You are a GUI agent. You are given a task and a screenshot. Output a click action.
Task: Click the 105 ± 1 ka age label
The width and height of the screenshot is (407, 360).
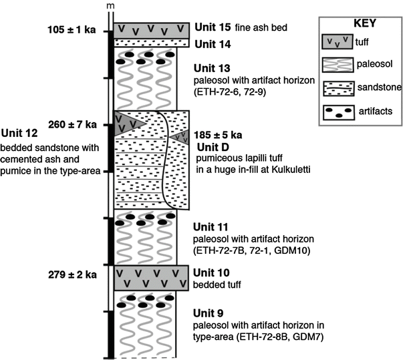[x=72, y=30]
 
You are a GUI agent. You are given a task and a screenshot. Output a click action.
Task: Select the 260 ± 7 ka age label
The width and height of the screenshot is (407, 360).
[x=72, y=125]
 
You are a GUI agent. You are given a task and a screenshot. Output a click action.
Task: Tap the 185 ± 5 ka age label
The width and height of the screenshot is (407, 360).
[x=218, y=135]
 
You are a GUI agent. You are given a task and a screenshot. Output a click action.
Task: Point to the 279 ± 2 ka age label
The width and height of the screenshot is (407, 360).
[x=72, y=275]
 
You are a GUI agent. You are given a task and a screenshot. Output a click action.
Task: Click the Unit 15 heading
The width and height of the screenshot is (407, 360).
[x=213, y=27]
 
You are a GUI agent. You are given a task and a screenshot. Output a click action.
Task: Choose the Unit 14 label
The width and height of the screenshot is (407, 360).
[x=213, y=44]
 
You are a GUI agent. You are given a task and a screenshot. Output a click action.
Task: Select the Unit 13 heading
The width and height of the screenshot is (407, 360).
[x=212, y=68]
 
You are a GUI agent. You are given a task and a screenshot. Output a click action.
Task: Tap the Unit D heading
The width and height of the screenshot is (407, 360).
[x=213, y=148]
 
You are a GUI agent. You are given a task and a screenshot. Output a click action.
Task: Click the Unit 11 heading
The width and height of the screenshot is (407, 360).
[x=211, y=227]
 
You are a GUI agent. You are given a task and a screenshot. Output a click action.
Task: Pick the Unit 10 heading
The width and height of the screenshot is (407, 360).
[x=211, y=273]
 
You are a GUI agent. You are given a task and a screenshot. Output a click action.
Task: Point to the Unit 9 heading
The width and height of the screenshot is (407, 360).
[x=208, y=313]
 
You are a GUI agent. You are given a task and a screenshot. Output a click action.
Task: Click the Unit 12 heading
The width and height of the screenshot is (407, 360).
[x=19, y=134]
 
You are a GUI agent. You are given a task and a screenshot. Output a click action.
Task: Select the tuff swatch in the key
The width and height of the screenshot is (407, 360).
[x=337, y=41]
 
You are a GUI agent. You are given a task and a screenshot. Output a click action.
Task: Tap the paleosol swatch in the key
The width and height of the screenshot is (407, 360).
[x=337, y=65]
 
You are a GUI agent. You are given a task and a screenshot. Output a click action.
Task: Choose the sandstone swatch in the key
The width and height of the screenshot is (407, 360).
[x=339, y=88]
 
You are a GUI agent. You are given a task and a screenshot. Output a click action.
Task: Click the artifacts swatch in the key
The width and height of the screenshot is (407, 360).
[x=339, y=113]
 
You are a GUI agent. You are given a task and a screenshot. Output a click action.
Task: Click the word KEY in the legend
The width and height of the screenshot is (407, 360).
[x=365, y=23]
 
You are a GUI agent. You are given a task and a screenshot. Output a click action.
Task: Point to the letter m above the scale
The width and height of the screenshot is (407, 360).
[x=110, y=6]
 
